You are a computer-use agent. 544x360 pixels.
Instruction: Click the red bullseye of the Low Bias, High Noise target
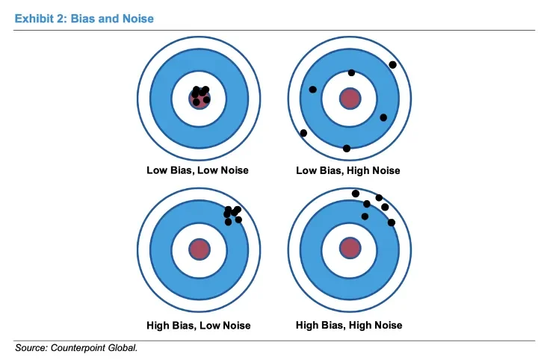(350, 98)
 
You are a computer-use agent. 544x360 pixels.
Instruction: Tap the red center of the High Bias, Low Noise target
(199, 249)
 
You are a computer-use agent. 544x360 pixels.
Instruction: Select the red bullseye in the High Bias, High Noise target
(350, 247)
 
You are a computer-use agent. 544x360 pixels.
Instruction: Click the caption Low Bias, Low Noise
(197, 170)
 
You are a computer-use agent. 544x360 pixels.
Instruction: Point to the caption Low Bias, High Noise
(348, 170)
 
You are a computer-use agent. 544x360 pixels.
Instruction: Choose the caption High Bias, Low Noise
(199, 325)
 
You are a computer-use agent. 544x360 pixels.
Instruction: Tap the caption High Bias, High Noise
(349, 325)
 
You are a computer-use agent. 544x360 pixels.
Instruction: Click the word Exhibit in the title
(35, 18)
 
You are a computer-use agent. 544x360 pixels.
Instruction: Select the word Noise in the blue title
(136, 18)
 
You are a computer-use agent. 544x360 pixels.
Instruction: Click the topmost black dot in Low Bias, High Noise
(393, 65)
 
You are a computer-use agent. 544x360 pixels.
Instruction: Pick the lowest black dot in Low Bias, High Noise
(346, 148)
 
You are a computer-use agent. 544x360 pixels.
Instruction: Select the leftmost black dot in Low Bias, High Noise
(303, 133)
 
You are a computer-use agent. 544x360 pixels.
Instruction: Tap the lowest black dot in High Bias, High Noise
(392, 223)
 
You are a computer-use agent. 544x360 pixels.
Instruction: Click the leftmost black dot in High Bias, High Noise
(355, 193)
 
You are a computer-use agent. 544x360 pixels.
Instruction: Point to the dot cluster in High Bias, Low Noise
(232, 214)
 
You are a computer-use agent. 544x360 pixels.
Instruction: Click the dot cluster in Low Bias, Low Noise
(200, 95)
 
